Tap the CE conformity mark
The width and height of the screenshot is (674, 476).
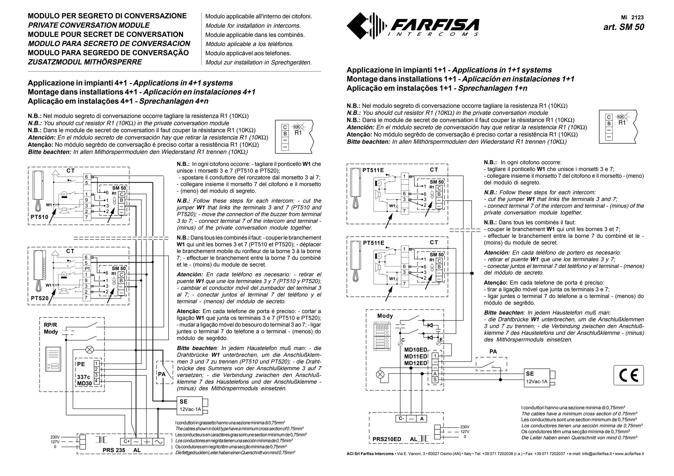pyautogui.click(x=629, y=375)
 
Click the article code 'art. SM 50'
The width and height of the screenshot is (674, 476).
pyautogui.click(x=624, y=27)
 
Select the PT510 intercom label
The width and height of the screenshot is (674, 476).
pyautogui.click(x=39, y=217)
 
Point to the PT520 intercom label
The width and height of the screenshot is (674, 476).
pyautogui.click(x=39, y=298)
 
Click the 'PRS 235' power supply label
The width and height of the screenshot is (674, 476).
pyautogui.click(x=114, y=450)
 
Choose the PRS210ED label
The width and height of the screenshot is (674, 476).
pyautogui.click(x=387, y=439)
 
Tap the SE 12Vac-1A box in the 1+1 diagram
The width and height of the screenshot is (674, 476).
pyautogui.click(x=536, y=378)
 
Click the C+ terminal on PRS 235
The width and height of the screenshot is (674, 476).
pyautogui.click(x=127, y=442)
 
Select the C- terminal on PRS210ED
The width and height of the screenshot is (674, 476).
pyautogui.click(x=401, y=419)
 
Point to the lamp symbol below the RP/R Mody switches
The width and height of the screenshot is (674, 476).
pyautogui.click(x=90, y=349)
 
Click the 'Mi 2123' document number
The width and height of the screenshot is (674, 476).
pyautogui.click(x=632, y=17)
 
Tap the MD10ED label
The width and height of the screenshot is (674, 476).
pyautogui.click(x=415, y=350)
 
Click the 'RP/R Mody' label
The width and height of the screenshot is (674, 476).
pyautogui.click(x=51, y=328)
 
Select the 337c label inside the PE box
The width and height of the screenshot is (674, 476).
pyautogui.click(x=84, y=377)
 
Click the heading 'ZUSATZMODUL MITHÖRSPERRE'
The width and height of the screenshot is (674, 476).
pyautogui.click(x=85, y=62)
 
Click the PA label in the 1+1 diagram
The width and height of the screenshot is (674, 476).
pyautogui.click(x=493, y=352)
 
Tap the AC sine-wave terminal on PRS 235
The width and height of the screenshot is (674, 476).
pyautogui.click(x=158, y=442)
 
